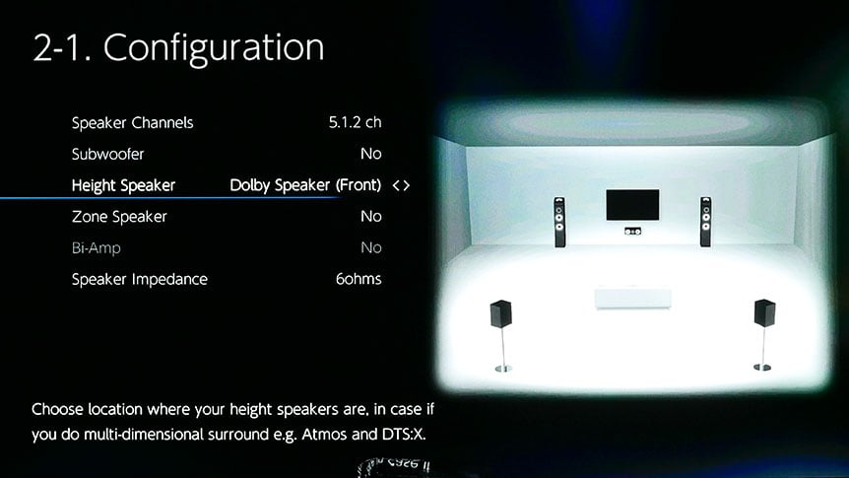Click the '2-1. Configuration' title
tap(178, 48)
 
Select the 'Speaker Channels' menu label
tap(133, 123)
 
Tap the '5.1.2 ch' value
tap(356, 122)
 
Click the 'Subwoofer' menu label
tap(107, 154)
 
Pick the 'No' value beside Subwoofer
tap(371, 154)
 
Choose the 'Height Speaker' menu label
tap(123, 186)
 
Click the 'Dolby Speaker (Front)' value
tap(305, 185)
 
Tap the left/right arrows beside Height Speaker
tap(401, 186)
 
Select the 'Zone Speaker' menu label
tap(119, 217)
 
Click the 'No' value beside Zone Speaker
tap(371, 217)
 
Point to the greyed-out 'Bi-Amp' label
tap(96, 248)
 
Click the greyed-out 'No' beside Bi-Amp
tap(371, 247)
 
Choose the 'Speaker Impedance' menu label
tap(140, 280)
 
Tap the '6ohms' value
tap(359, 279)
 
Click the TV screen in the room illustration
tap(632, 205)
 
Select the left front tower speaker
tap(559, 222)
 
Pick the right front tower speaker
tap(705, 222)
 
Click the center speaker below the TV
tap(632, 232)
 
